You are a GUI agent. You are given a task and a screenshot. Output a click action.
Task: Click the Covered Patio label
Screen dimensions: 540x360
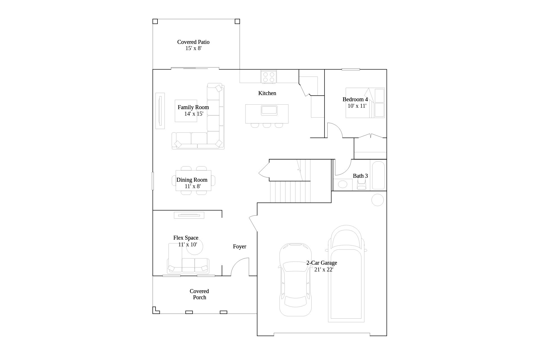click(193, 42)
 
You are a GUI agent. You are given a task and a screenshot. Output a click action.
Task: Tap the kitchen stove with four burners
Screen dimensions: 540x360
click(269, 76)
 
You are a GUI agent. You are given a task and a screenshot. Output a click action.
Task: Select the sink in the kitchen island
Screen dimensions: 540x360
click(269, 110)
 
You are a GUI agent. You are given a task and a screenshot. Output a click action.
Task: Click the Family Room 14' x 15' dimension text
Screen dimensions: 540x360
click(194, 114)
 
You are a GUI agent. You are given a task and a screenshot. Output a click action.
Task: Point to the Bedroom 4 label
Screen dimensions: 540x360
click(355, 99)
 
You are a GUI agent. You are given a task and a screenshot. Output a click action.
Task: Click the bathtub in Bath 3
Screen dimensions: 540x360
click(378, 175)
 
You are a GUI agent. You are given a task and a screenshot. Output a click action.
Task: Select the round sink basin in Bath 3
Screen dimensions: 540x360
click(342, 184)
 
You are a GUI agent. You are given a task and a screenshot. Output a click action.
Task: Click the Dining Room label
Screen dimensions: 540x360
click(192, 180)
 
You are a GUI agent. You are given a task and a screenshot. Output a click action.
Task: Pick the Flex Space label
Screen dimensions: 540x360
click(186, 238)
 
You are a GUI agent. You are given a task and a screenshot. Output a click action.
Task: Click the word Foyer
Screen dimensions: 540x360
click(240, 246)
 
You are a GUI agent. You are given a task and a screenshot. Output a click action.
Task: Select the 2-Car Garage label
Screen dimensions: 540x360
click(322, 263)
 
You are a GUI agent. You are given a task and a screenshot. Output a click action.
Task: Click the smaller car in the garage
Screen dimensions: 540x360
click(295, 280)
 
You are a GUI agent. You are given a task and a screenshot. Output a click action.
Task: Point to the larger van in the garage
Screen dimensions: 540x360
click(346, 273)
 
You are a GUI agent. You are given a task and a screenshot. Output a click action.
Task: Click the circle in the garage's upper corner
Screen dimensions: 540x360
click(377, 200)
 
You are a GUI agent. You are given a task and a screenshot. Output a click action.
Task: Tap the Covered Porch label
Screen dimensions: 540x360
click(199, 294)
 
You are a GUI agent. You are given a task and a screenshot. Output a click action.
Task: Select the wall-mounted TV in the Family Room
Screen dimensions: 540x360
click(160, 111)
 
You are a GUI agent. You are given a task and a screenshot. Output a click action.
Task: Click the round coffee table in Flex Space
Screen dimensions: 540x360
click(195, 247)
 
